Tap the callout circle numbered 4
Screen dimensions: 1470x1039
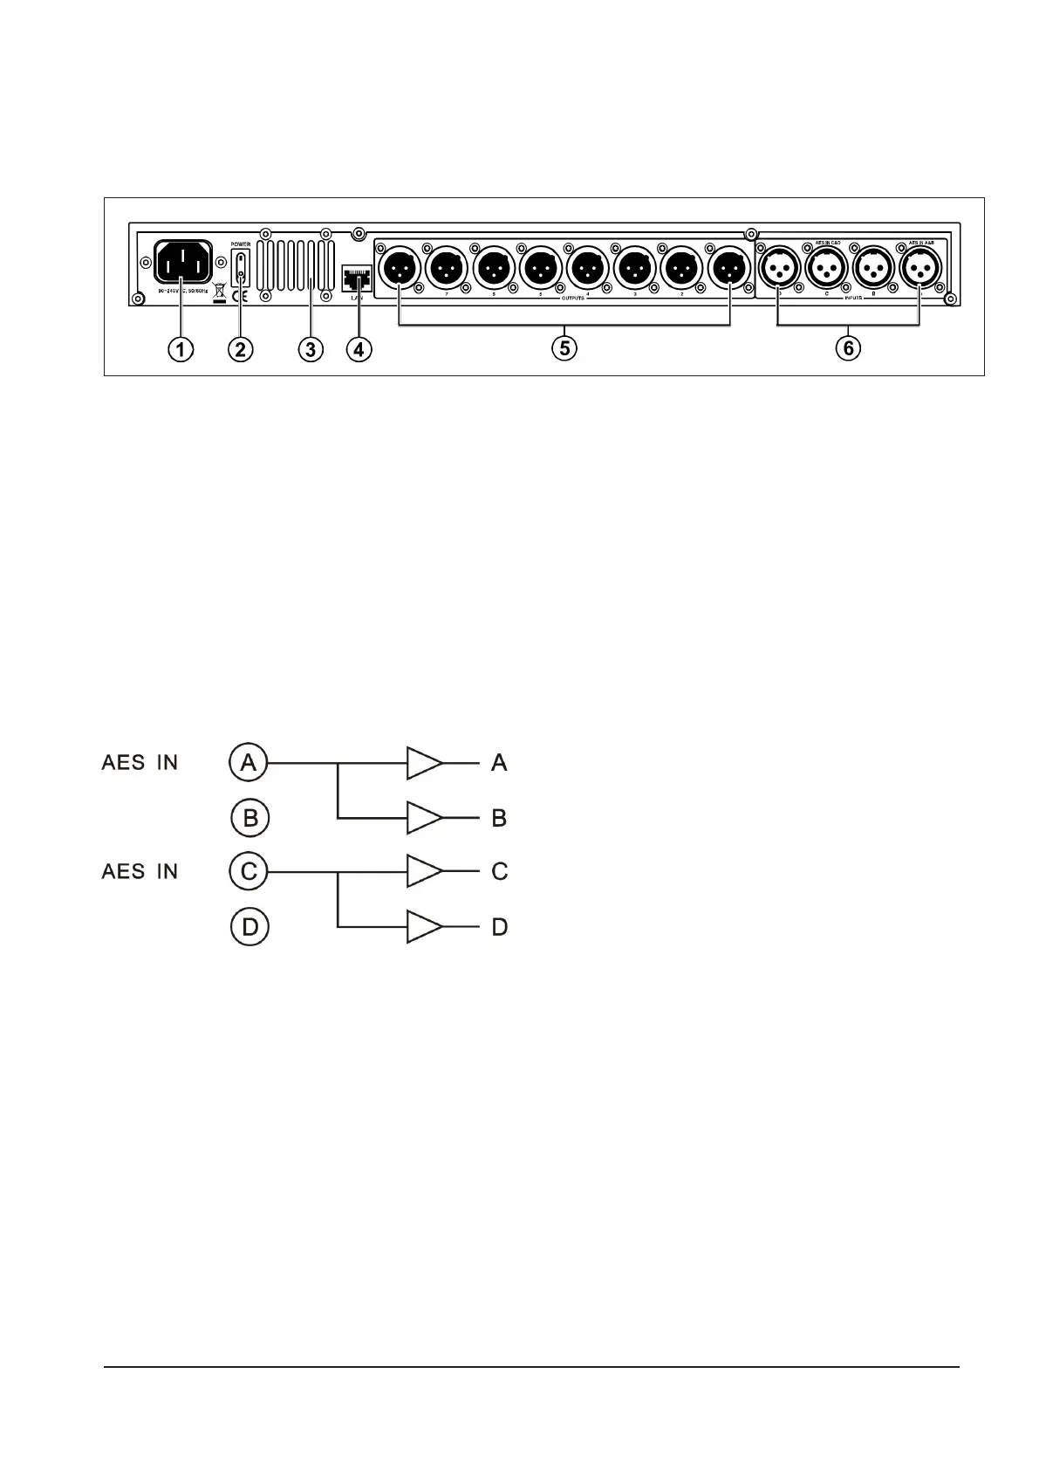pyautogui.click(x=359, y=349)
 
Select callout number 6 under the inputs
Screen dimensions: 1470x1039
pyautogui.click(x=848, y=348)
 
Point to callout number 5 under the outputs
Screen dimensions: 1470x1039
pyautogui.click(x=564, y=348)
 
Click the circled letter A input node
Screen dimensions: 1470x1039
pyautogui.click(x=249, y=763)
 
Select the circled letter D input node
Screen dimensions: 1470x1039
pyautogui.click(x=249, y=926)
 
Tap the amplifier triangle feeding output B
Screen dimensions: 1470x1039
pyautogui.click(x=423, y=818)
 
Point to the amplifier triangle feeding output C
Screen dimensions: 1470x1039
pyautogui.click(x=423, y=871)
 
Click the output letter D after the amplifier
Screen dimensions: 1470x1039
pyautogui.click(x=500, y=926)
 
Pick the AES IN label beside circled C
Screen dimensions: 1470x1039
pyautogui.click(x=140, y=871)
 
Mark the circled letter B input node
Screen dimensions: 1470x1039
pyautogui.click(x=250, y=819)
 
